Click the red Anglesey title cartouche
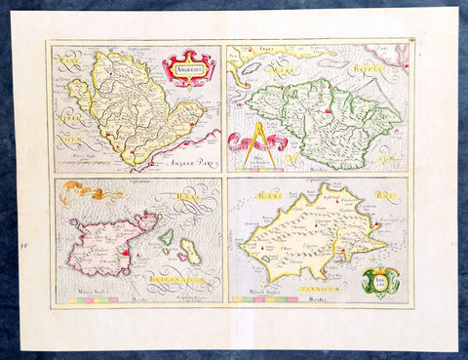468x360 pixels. coord(189,68)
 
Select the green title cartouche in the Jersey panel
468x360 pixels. coord(384,281)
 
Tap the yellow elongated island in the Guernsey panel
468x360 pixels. coord(189,252)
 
